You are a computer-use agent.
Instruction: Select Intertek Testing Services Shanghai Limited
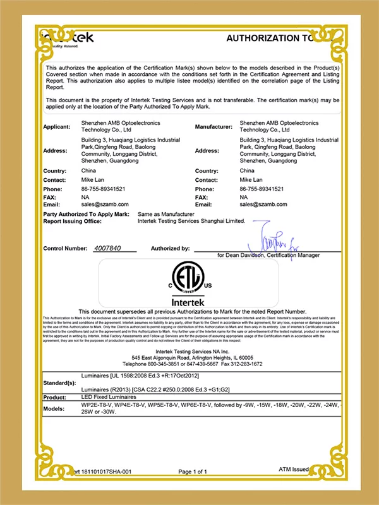[x=190, y=222]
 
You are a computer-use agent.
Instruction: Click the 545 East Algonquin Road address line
[x=189, y=358]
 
